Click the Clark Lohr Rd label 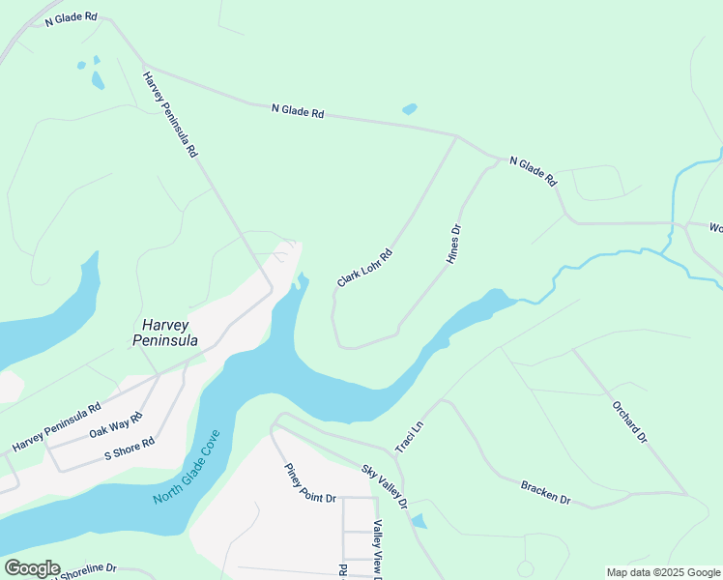click(364, 268)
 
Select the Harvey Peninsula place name click(165, 333)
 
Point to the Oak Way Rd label click(116, 424)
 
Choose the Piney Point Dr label click(309, 484)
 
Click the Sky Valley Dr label click(385, 486)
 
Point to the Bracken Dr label click(545, 492)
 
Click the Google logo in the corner click(32, 568)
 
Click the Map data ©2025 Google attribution click(663, 572)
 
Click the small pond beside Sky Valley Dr click(418, 522)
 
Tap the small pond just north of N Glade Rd click(409, 109)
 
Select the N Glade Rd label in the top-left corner click(71, 17)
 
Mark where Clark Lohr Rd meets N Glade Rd click(455, 136)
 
